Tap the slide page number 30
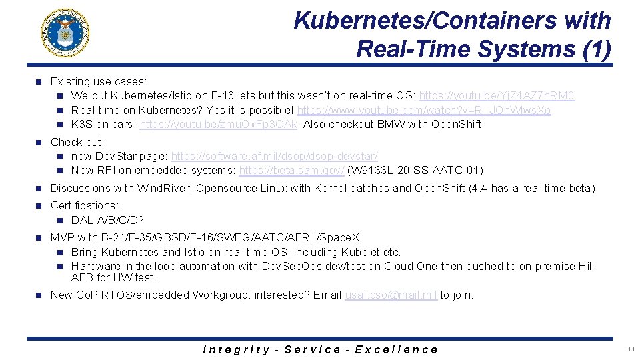(x=630, y=349)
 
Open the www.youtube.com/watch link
(x=423, y=110)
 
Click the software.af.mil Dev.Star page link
(x=274, y=156)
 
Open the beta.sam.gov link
(x=291, y=170)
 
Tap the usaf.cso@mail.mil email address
(x=391, y=295)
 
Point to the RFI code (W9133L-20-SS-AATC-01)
(x=415, y=170)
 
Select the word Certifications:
(x=85, y=205)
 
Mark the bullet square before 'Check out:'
(x=39, y=142)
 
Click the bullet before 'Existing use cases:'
(x=39, y=82)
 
